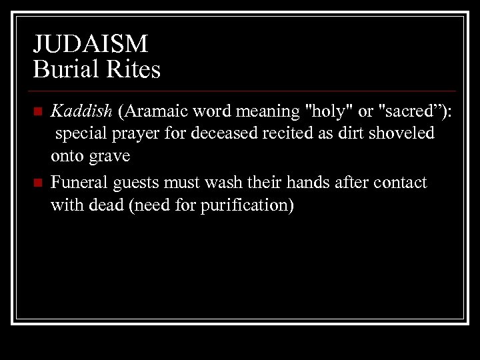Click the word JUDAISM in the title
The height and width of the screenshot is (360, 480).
(90, 45)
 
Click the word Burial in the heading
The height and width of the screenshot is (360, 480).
(61, 69)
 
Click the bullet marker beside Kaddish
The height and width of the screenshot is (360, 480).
(38, 111)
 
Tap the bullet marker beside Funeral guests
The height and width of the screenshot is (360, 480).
(38, 182)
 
